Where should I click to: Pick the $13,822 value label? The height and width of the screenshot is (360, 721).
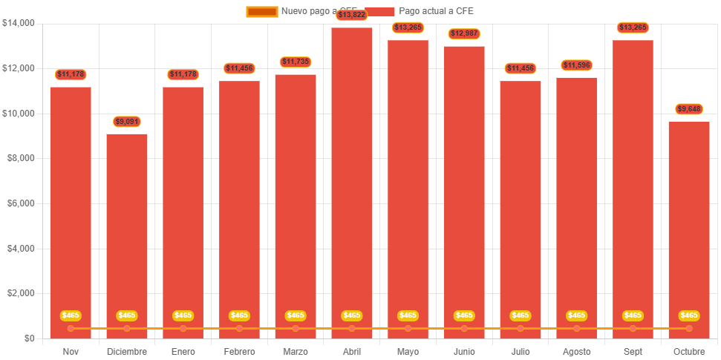pos(352,15)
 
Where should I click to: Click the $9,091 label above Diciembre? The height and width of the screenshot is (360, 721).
pos(127,121)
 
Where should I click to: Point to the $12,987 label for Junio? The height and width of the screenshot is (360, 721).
pos(464,33)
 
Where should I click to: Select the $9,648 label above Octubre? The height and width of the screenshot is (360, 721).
pos(689,109)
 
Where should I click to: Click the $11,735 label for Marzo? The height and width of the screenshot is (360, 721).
pos(296,62)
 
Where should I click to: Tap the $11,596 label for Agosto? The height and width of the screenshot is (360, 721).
pos(576,65)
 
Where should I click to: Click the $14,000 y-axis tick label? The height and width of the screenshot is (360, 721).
pos(19,23)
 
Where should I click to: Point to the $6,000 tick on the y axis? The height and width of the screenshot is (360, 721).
pos(21,203)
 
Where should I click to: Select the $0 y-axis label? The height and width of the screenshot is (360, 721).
pos(29,338)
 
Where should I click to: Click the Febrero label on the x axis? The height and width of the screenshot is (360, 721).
pos(239,351)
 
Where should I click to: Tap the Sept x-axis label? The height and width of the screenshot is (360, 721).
pos(633,351)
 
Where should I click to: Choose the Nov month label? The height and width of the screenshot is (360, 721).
pos(71,351)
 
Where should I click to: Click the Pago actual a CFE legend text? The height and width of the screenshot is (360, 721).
pos(436,11)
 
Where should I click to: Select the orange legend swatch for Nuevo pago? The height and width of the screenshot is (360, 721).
pos(261,11)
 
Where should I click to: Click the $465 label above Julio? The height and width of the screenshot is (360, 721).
pos(521,315)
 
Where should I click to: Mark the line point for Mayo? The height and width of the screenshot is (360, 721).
pos(408,328)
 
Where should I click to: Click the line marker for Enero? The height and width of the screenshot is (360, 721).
pos(183,328)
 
